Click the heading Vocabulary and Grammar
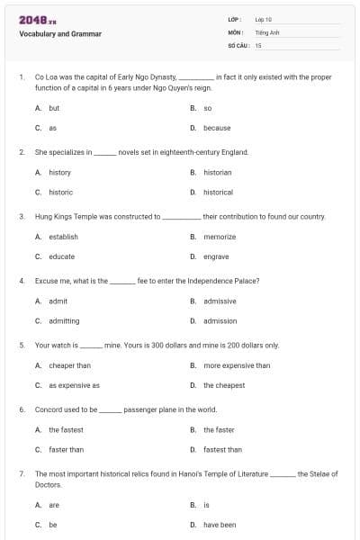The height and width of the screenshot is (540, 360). (60, 34)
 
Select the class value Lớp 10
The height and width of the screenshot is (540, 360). (264, 18)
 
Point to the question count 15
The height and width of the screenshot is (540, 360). (258, 44)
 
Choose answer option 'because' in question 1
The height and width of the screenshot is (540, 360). (217, 128)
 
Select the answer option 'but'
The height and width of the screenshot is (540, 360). (54, 107)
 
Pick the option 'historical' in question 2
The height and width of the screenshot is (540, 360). (218, 192)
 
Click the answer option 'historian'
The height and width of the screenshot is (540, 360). (217, 172)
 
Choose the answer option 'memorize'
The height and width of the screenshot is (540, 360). (220, 237)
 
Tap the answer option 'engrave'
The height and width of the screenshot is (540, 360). (216, 256)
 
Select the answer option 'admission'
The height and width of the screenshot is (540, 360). (220, 320)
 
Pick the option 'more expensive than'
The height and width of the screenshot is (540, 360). (236, 365)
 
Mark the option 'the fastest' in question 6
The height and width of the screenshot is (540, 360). (66, 429)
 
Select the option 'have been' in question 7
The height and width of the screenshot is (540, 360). (220, 524)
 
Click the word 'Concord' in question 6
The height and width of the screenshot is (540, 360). (49, 409)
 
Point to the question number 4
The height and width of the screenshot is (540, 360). (21, 281)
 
